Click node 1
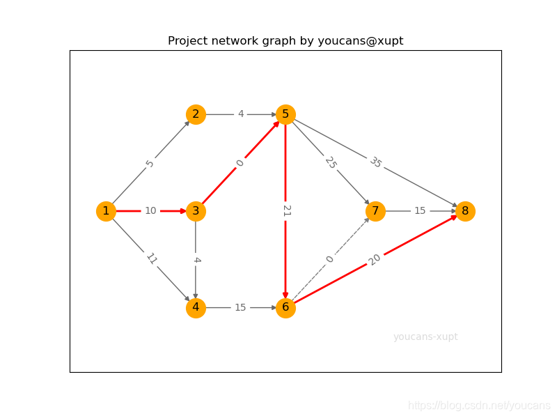click(x=106, y=211)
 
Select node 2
click(x=196, y=114)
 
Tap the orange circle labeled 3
click(x=196, y=211)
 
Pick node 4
click(x=196, y=308)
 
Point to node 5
click(x=285, y=114)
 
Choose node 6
click(x=285, y=308)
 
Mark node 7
click(x=375, y=211)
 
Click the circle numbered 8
click(x=465, y=211)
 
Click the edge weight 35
click(x=375, y=162)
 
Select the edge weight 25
click(x=330, y=162)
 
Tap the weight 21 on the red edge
click(x=286, y=211)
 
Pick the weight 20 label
click(x=375, y=259)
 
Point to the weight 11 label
click(x=151, y=259)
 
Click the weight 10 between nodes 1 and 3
click(x=150, y=211)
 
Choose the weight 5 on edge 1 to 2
click(x=150, y=163)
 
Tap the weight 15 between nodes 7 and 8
click(x=420, y=211)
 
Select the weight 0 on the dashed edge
click(x=330, y=259)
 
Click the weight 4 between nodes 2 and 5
click(x=241, y=114)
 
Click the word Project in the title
click(x=188, y=41)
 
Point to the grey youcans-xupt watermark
click(x=425, y=337)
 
